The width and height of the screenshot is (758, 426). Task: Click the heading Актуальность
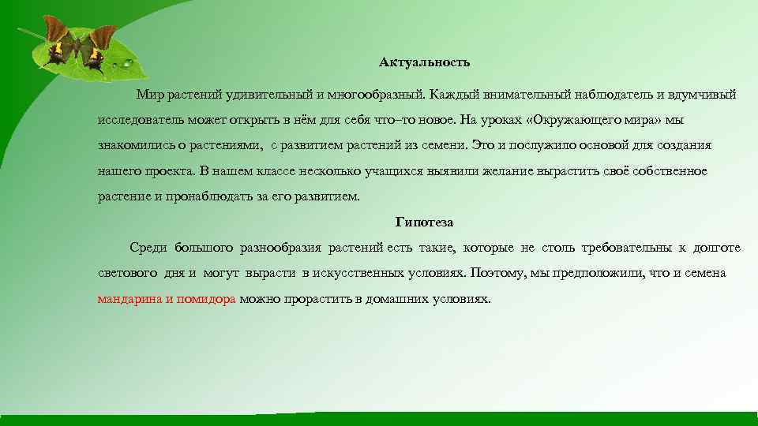424,62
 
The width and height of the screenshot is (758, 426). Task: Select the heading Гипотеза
424,222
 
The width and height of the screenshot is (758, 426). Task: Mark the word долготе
717,248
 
